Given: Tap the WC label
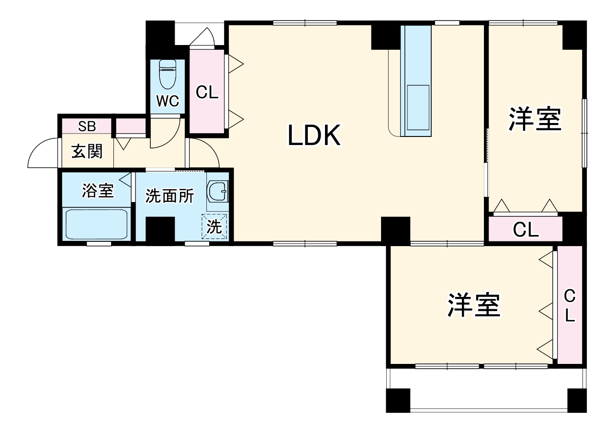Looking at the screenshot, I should [x=168, y=101].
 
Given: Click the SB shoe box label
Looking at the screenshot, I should [x=87, y=126].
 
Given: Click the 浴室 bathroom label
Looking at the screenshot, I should [x=98, y=191].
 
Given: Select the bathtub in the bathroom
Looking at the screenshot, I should [x=96, y=224].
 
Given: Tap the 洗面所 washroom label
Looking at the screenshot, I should [x=169, y=196].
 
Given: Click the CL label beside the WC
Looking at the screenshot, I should [x=207, y=92].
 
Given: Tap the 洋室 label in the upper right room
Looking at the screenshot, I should [x=535, y=119].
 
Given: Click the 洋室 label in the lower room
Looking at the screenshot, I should [x=474, y=305].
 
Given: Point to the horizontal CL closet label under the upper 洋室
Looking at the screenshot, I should [x=526, y=230].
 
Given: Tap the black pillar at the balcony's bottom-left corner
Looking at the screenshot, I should [x=398, y=400].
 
